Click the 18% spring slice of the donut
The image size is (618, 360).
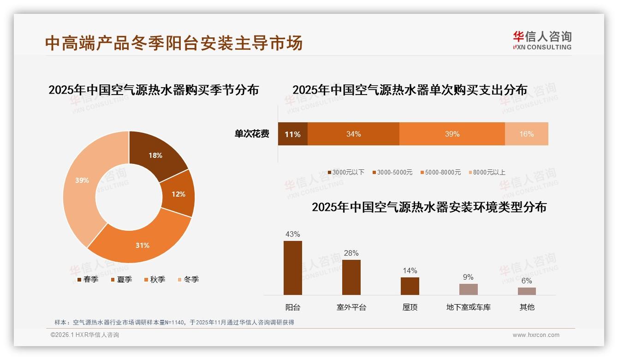tap(155, 155)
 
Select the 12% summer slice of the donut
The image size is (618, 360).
tap(178, 194)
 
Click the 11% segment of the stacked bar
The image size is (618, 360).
tap(292, 134)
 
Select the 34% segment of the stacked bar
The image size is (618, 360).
tap(353, 134)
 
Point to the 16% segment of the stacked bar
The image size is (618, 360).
tap(526, 134)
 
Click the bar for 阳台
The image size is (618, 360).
tap(293, 268)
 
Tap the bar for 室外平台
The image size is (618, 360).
tap(351, 277)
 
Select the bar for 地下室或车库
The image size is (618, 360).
tap(468, 289)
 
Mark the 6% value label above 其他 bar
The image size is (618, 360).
tap(526, 281)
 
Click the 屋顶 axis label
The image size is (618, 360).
tap(410, 307)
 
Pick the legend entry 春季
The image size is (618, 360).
tap(88, 279)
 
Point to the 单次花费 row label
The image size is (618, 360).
tap(252, 134)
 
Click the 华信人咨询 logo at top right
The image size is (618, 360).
tap(542, 40)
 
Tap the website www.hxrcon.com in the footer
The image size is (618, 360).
tap(536, 335)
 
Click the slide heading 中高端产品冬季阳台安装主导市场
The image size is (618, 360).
tap(174, 43)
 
